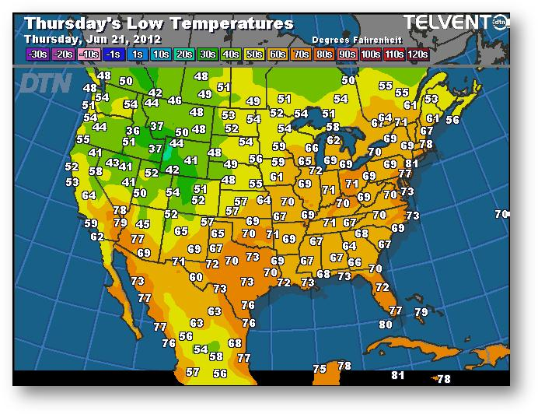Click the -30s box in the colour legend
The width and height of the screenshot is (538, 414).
[37, 54]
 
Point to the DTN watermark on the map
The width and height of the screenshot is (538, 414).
[44, 82]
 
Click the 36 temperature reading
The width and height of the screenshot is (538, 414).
[133, 131]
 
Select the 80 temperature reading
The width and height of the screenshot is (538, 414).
[386, 324]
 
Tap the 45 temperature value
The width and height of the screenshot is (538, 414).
[142, 224]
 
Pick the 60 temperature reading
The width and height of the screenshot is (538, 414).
[196, 277]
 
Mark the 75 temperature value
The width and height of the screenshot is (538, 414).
[320, 369]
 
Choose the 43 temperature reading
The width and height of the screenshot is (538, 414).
[113, 163]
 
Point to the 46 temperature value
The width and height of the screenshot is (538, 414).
[174, 100]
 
